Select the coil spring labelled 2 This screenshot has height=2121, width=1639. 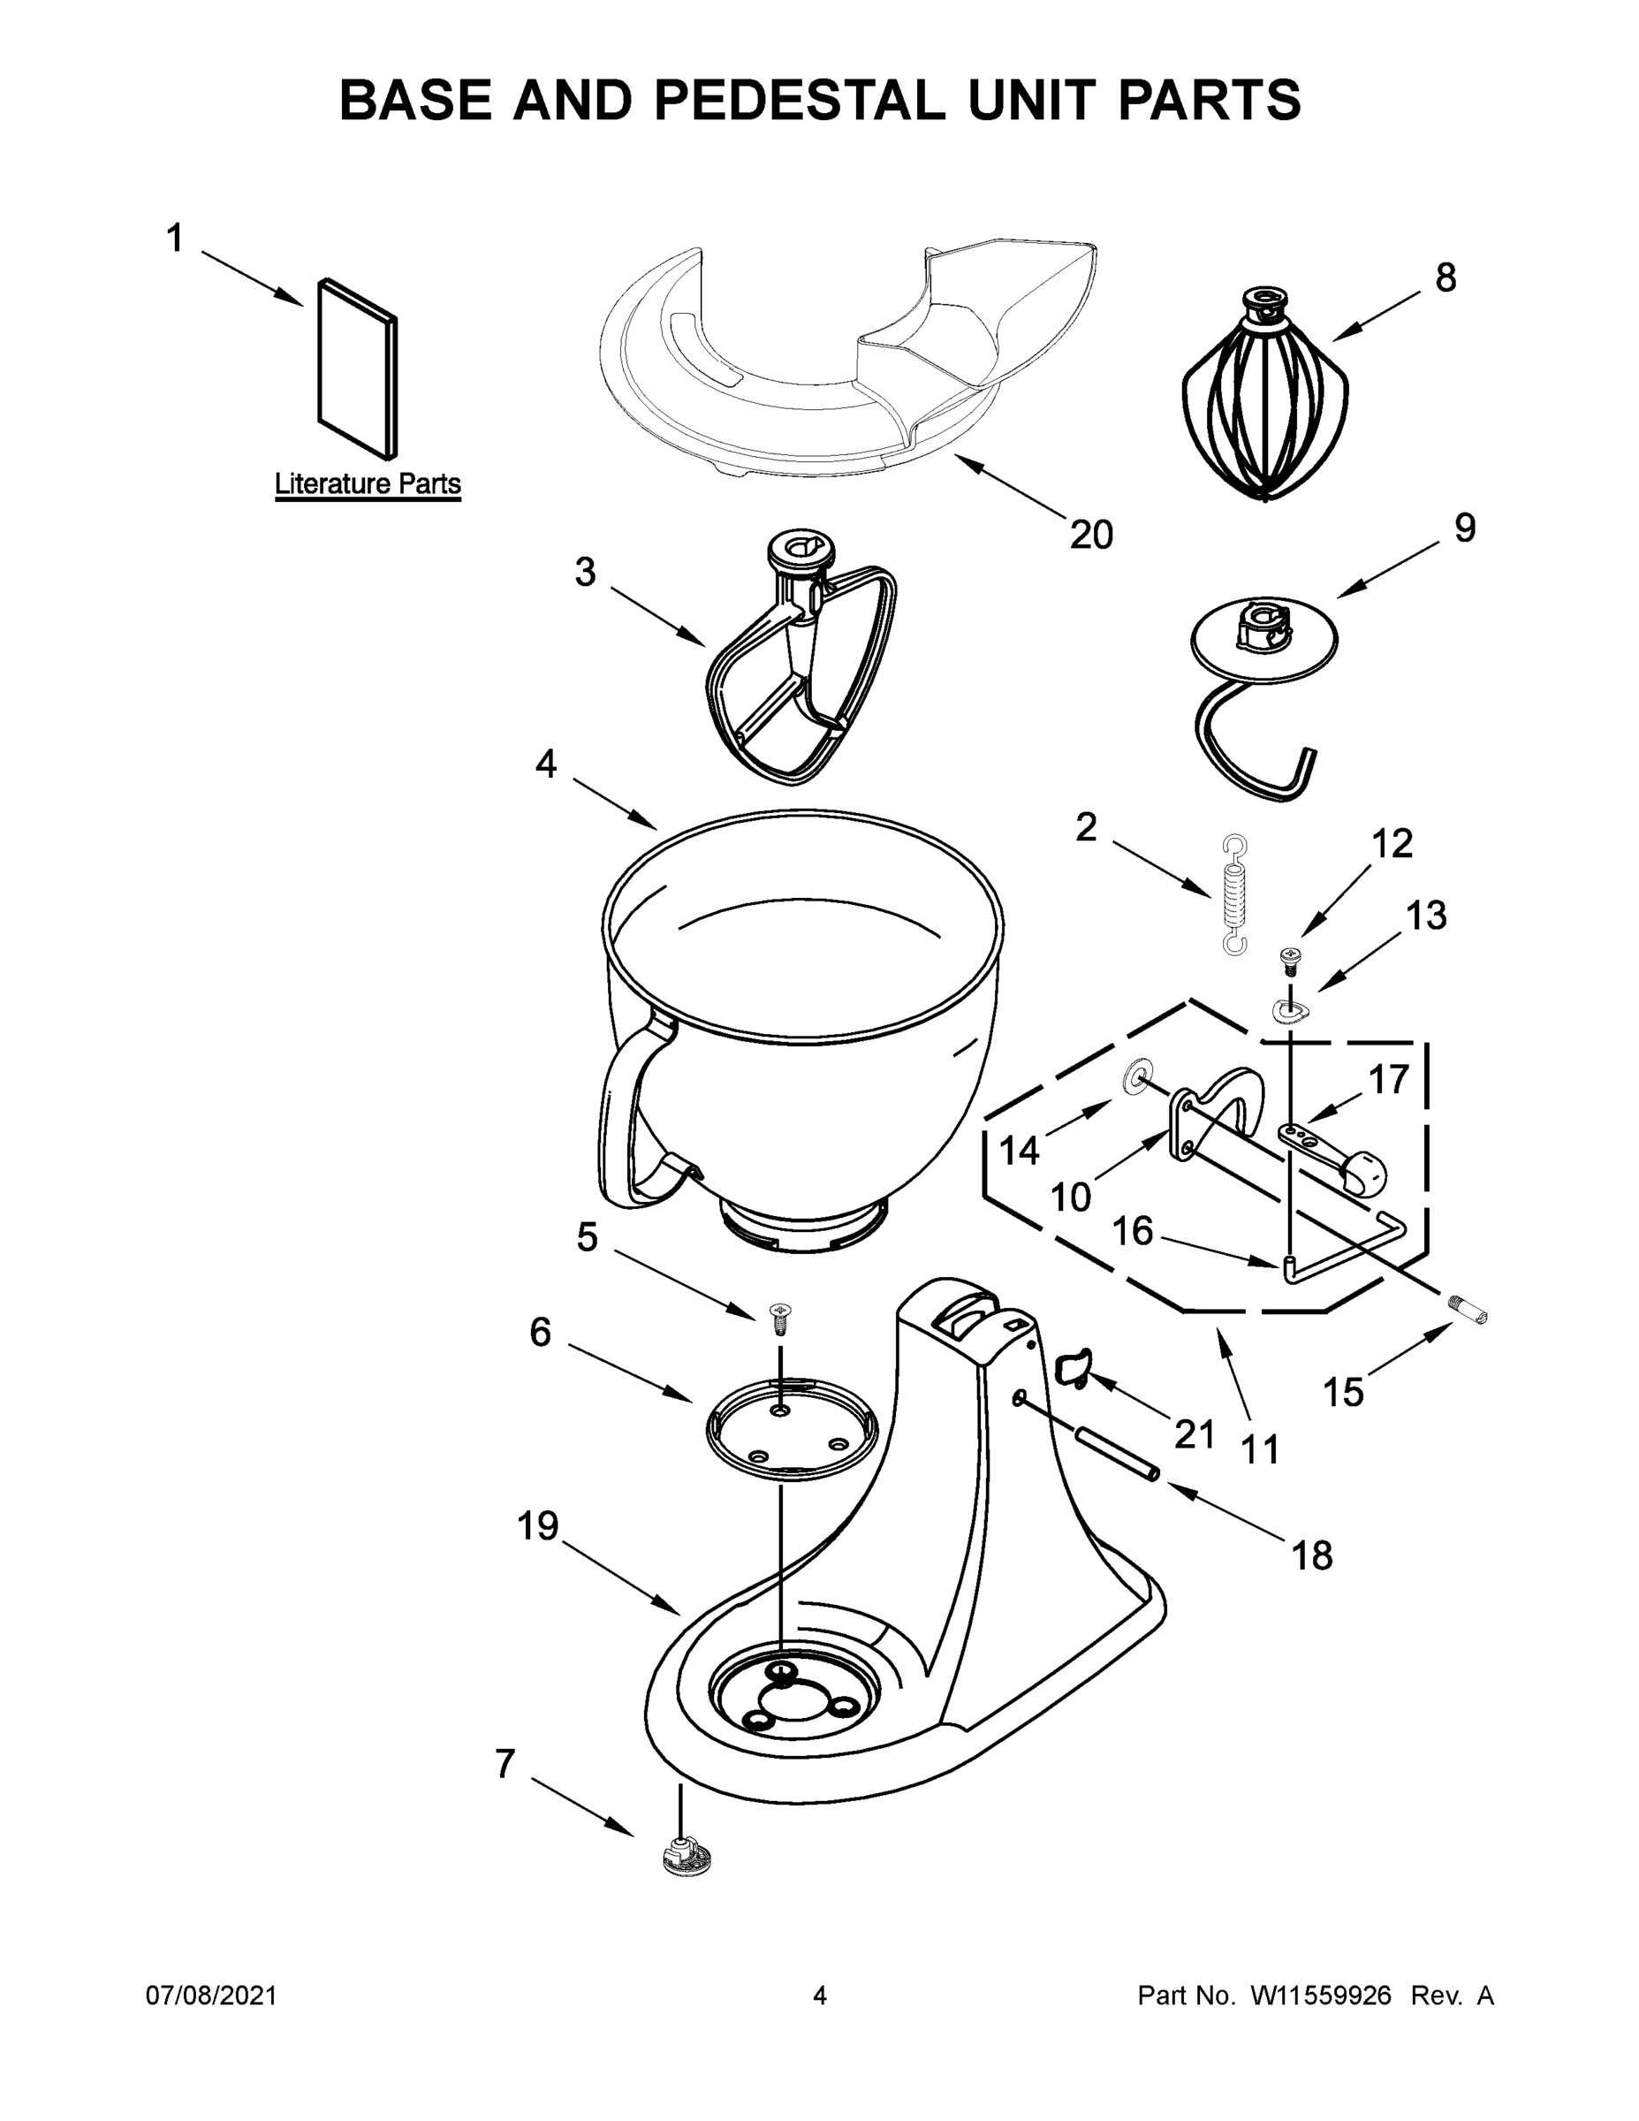click(1234, 894)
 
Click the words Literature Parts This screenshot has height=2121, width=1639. click(367, 483)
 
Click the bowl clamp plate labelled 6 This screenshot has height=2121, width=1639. click(791, 1427)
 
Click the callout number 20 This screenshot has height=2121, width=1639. click(1090, 534)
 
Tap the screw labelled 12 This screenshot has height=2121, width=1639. click(1290, 961)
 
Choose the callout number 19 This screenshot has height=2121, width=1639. click(537, 1525)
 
